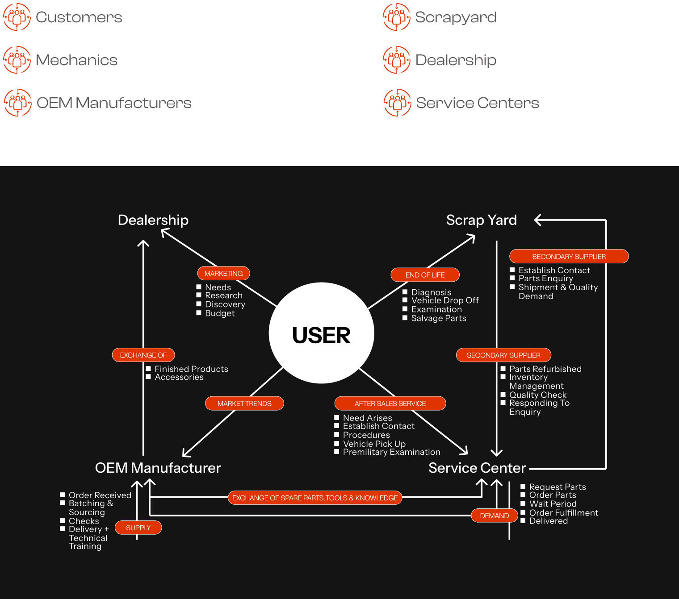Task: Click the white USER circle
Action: click(322, 333)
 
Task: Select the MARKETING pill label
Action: click(223, 273)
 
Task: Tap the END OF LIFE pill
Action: click(425, 275)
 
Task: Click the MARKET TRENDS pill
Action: click(244, 403)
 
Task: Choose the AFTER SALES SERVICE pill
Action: click(390, 403)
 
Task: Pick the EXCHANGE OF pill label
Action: click(143, 355)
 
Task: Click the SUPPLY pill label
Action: click(138, 528)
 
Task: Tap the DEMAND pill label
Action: click(494, 516)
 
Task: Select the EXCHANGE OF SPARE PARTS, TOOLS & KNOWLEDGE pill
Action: click(315, 498)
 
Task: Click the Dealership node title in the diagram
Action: click(153, 220)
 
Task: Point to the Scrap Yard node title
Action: click(481, 220)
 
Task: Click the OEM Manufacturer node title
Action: click(158, 468)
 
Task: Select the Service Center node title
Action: click(477, 468)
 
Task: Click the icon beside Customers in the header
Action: click(17, 17)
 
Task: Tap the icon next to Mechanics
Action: click(17, 60)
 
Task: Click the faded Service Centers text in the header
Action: click(478, 103)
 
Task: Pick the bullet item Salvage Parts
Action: click(438, 318)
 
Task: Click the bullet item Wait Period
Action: click(553, 504)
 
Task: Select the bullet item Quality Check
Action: click(538, 395)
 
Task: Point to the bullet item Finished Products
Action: click(191, 369)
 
